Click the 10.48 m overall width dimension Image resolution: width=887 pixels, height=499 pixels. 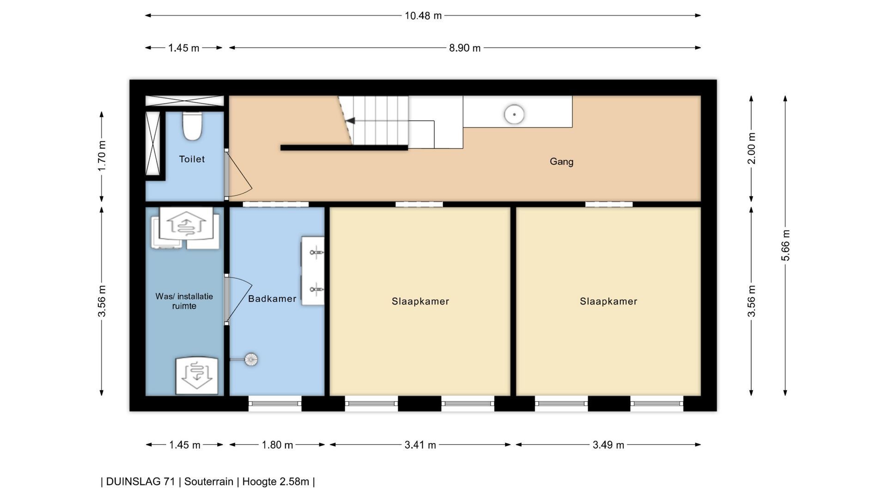423,16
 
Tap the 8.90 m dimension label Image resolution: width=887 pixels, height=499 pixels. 465,48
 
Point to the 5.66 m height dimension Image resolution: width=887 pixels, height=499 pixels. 786,245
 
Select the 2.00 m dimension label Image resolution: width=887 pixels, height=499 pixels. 752,148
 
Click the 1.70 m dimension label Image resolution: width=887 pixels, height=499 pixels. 102,156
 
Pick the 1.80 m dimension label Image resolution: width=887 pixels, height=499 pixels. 277,445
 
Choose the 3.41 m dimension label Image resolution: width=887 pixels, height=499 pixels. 420,445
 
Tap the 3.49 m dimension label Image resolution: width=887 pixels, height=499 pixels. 608,445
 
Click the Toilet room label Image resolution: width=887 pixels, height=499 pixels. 192,159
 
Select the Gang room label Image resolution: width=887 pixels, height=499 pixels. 561,162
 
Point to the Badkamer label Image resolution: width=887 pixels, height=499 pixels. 272,298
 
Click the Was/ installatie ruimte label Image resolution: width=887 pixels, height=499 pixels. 184,301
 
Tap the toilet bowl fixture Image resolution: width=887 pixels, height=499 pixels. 192,126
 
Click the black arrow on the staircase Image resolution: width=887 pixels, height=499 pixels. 350,121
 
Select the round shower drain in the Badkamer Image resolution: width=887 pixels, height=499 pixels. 251,359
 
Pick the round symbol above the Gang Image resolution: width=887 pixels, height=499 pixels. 514,114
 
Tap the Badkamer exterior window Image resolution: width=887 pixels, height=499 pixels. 275,404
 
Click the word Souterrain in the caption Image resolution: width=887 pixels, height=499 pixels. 209,481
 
